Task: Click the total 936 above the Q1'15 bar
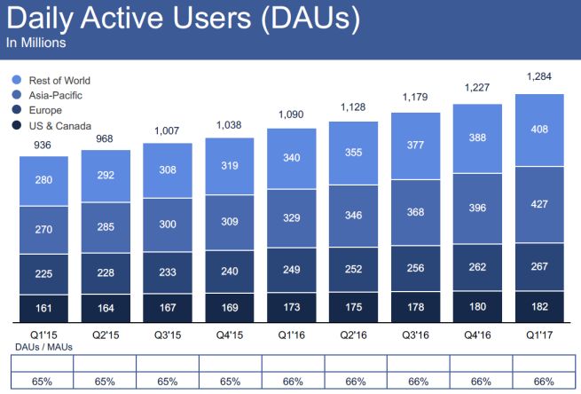tap(43, 145)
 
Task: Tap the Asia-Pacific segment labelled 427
tap(538, 205)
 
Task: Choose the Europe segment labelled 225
tap(43, 274)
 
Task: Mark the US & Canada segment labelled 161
tap(43, 308)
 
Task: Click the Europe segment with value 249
tap(291, 270)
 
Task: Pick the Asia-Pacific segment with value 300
tap(167, 225)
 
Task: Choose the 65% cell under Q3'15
tap(167, 381)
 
